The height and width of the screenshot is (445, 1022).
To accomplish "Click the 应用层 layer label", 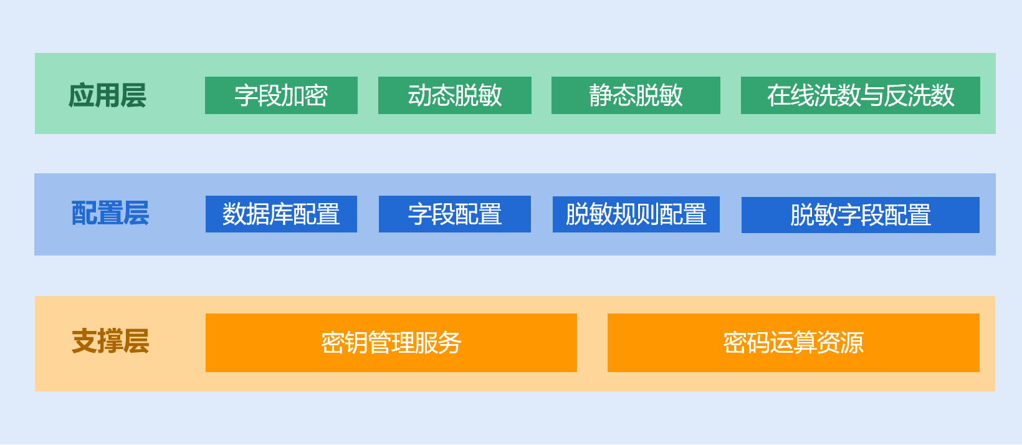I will [x=107, y=95].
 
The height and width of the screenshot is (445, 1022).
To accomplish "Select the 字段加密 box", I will [x=281, y=95].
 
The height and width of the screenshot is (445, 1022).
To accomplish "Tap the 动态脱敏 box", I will [x=455, y=95].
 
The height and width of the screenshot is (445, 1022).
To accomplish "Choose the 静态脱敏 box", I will [x=636, y=95].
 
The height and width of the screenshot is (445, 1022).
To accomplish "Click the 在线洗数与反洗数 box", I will [x=860, y=95].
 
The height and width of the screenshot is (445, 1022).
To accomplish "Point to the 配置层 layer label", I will [x=110, y=213].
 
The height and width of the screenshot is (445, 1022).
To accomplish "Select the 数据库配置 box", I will [x=281, y=214].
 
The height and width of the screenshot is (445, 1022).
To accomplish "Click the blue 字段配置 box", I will [x=455, y=214].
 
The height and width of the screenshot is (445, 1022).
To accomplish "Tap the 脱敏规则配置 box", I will [x=636, y=214].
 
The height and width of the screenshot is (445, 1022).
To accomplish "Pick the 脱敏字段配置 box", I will [x=860, y=215].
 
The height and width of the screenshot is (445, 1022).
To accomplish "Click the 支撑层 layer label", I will [x=110, y=342].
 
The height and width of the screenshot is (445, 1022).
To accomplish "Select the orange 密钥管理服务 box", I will [x=391, y=343].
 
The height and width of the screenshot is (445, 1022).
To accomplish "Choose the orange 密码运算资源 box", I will [x=793, y=343].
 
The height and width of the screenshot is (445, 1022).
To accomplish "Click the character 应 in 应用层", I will [x=81, y=95].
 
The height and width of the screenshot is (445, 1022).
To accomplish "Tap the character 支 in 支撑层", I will [x=84, y=342].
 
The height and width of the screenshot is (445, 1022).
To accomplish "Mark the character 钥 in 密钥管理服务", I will [x=356, y=343].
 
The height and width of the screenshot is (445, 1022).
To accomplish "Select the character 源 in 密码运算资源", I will [x=852, y=343].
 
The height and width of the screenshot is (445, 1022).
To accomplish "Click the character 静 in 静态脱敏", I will [x=601, y=95].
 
